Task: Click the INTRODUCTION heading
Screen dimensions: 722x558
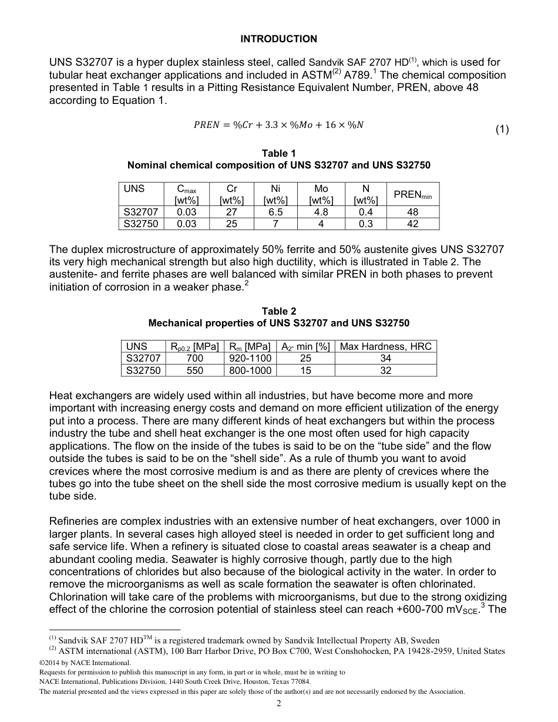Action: pos(278,39)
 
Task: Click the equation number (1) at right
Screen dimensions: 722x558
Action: pos(501,130)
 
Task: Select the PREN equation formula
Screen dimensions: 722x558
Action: pos(278,124)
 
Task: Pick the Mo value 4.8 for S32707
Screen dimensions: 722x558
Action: pos(321,212)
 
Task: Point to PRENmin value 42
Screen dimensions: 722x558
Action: pos(412,224)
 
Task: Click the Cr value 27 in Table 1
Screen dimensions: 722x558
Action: pos(231,212)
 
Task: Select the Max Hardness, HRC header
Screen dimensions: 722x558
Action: pos(385,346)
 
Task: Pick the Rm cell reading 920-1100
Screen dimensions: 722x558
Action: pos(250,358)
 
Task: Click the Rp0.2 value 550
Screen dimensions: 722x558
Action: pos(194,370)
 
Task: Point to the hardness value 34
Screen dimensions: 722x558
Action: pos(385,358)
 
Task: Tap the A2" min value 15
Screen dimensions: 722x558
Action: pos(305,370)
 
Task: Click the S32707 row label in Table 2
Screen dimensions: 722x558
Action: pos(143,358)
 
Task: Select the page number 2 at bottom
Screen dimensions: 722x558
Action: pos(279,704)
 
